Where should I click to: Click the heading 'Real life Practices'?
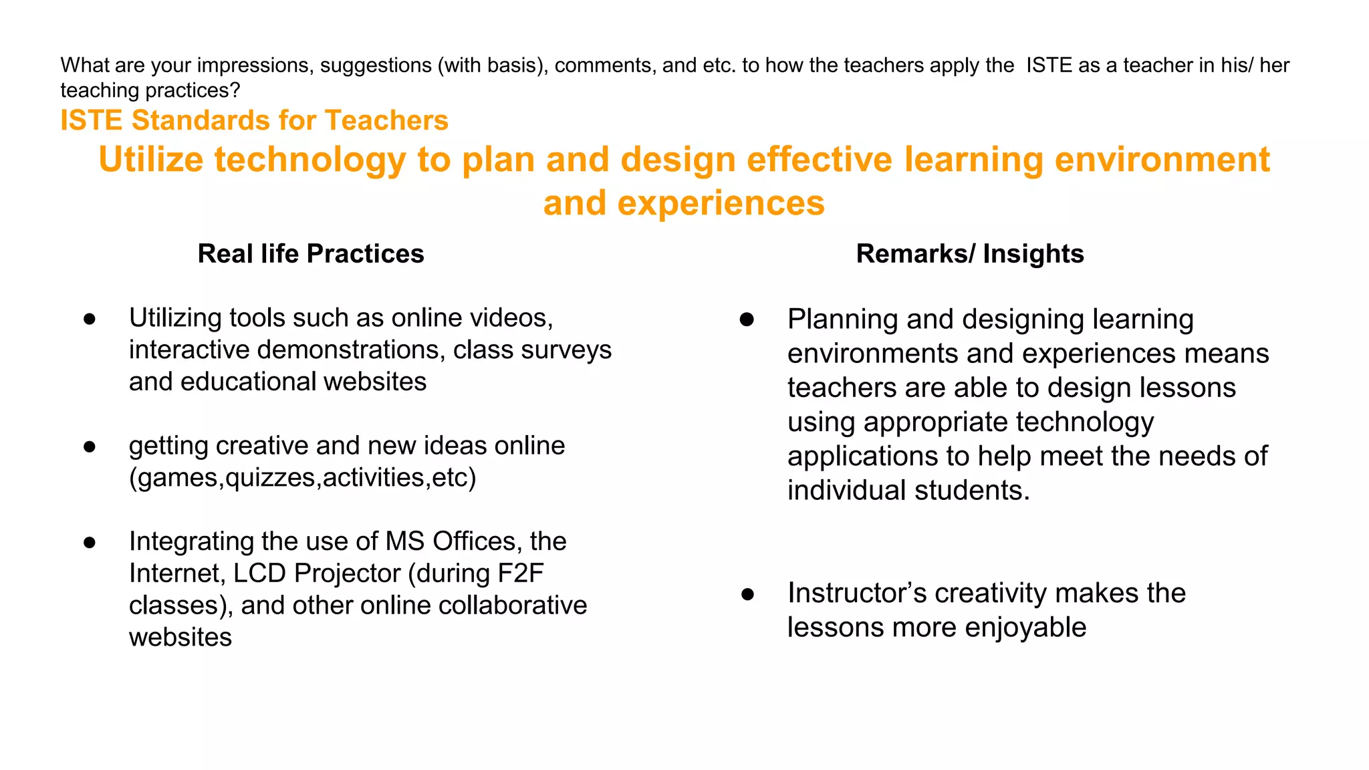coord(311,254)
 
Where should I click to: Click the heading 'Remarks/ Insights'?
coord(969,254)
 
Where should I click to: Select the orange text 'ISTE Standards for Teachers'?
coord(254,120)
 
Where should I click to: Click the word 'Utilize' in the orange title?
coord(150,160)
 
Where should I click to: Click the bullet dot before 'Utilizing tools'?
coord(90,319)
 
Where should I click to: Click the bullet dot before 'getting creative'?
coord(90,446)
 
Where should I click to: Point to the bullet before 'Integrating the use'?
coord(90,542)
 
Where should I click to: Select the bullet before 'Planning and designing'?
coord(747,319)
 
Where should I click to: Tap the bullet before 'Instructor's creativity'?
coord(747,594)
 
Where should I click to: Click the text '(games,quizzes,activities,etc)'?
coord(302,478)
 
